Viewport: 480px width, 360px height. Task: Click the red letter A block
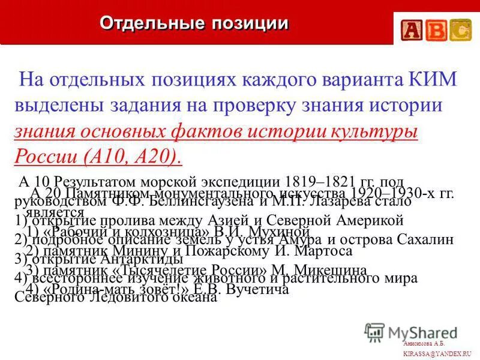[x=412, y=29]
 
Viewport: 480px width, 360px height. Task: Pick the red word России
[x=44, y=157]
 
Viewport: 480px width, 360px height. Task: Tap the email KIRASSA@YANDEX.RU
[x=437, y=354]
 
